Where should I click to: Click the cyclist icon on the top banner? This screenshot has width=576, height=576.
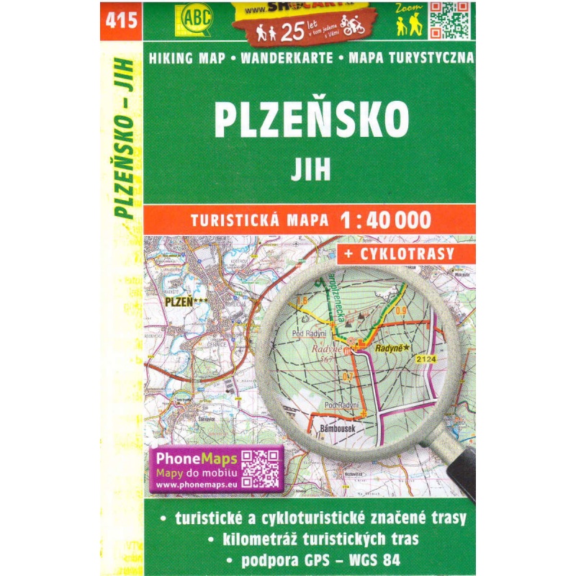pos(353,28)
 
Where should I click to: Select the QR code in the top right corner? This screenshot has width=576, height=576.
pos(449,19)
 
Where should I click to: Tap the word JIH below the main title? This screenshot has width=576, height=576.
pos(311,170)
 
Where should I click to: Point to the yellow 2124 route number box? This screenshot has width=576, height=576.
pos(425,359)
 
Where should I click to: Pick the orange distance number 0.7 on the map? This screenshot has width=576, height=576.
pos(347,377)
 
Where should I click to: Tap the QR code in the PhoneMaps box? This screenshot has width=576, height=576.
pos(259,469)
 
